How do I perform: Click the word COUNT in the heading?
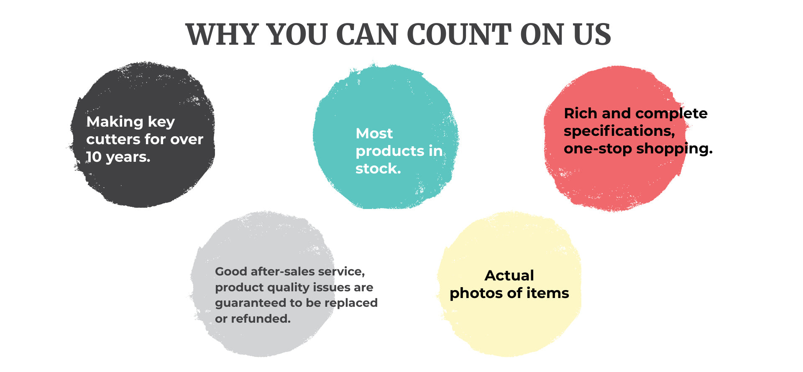pos(459,34)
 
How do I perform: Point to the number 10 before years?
pos(94,157)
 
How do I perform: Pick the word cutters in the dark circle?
pos(113,139)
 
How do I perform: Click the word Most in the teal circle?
pos(374,133)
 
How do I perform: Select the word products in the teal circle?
pos(390,151)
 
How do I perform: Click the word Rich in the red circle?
pos(581,113)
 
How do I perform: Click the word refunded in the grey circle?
pos(261,319)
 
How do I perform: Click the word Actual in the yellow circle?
pos(509,275)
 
